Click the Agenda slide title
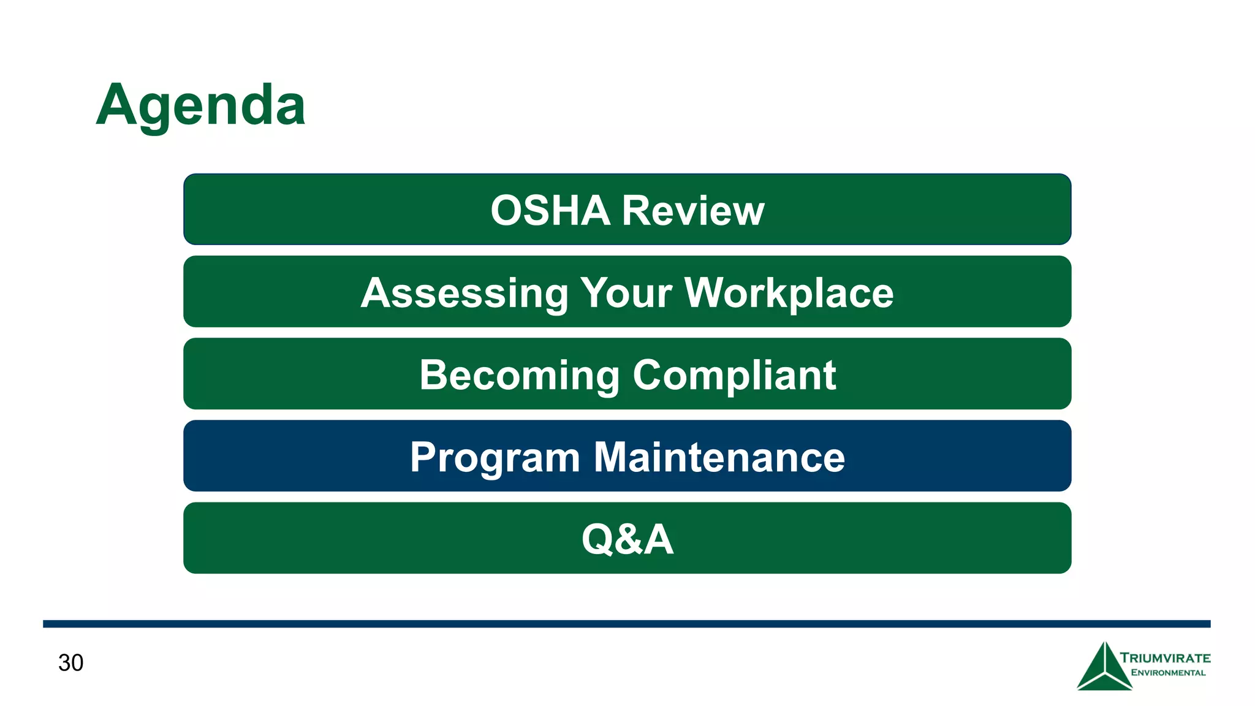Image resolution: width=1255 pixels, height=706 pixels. coord(200,105)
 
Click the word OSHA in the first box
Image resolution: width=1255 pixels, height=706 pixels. coord(550,211)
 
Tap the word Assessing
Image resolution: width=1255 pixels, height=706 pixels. coord(464,293)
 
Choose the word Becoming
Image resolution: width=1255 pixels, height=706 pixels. coord(519,375)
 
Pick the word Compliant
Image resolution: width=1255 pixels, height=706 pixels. coord(734,375)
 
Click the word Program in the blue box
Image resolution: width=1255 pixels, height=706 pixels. coord(495,457)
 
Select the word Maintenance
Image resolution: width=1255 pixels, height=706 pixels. coord(719,457)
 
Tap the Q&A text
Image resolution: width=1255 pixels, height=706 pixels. coord(627,539)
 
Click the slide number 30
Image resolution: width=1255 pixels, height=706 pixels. coord(70,663)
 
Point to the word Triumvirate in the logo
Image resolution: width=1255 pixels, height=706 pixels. coord(1165,658)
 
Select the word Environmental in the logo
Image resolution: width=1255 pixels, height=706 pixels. coord(1168,673)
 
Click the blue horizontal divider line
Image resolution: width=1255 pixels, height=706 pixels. coord(626,624)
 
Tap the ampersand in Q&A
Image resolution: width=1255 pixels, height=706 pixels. coord(627,539)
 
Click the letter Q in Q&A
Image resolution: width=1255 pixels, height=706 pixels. coord(597,539)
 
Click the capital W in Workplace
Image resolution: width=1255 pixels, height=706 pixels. coord(703,292)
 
